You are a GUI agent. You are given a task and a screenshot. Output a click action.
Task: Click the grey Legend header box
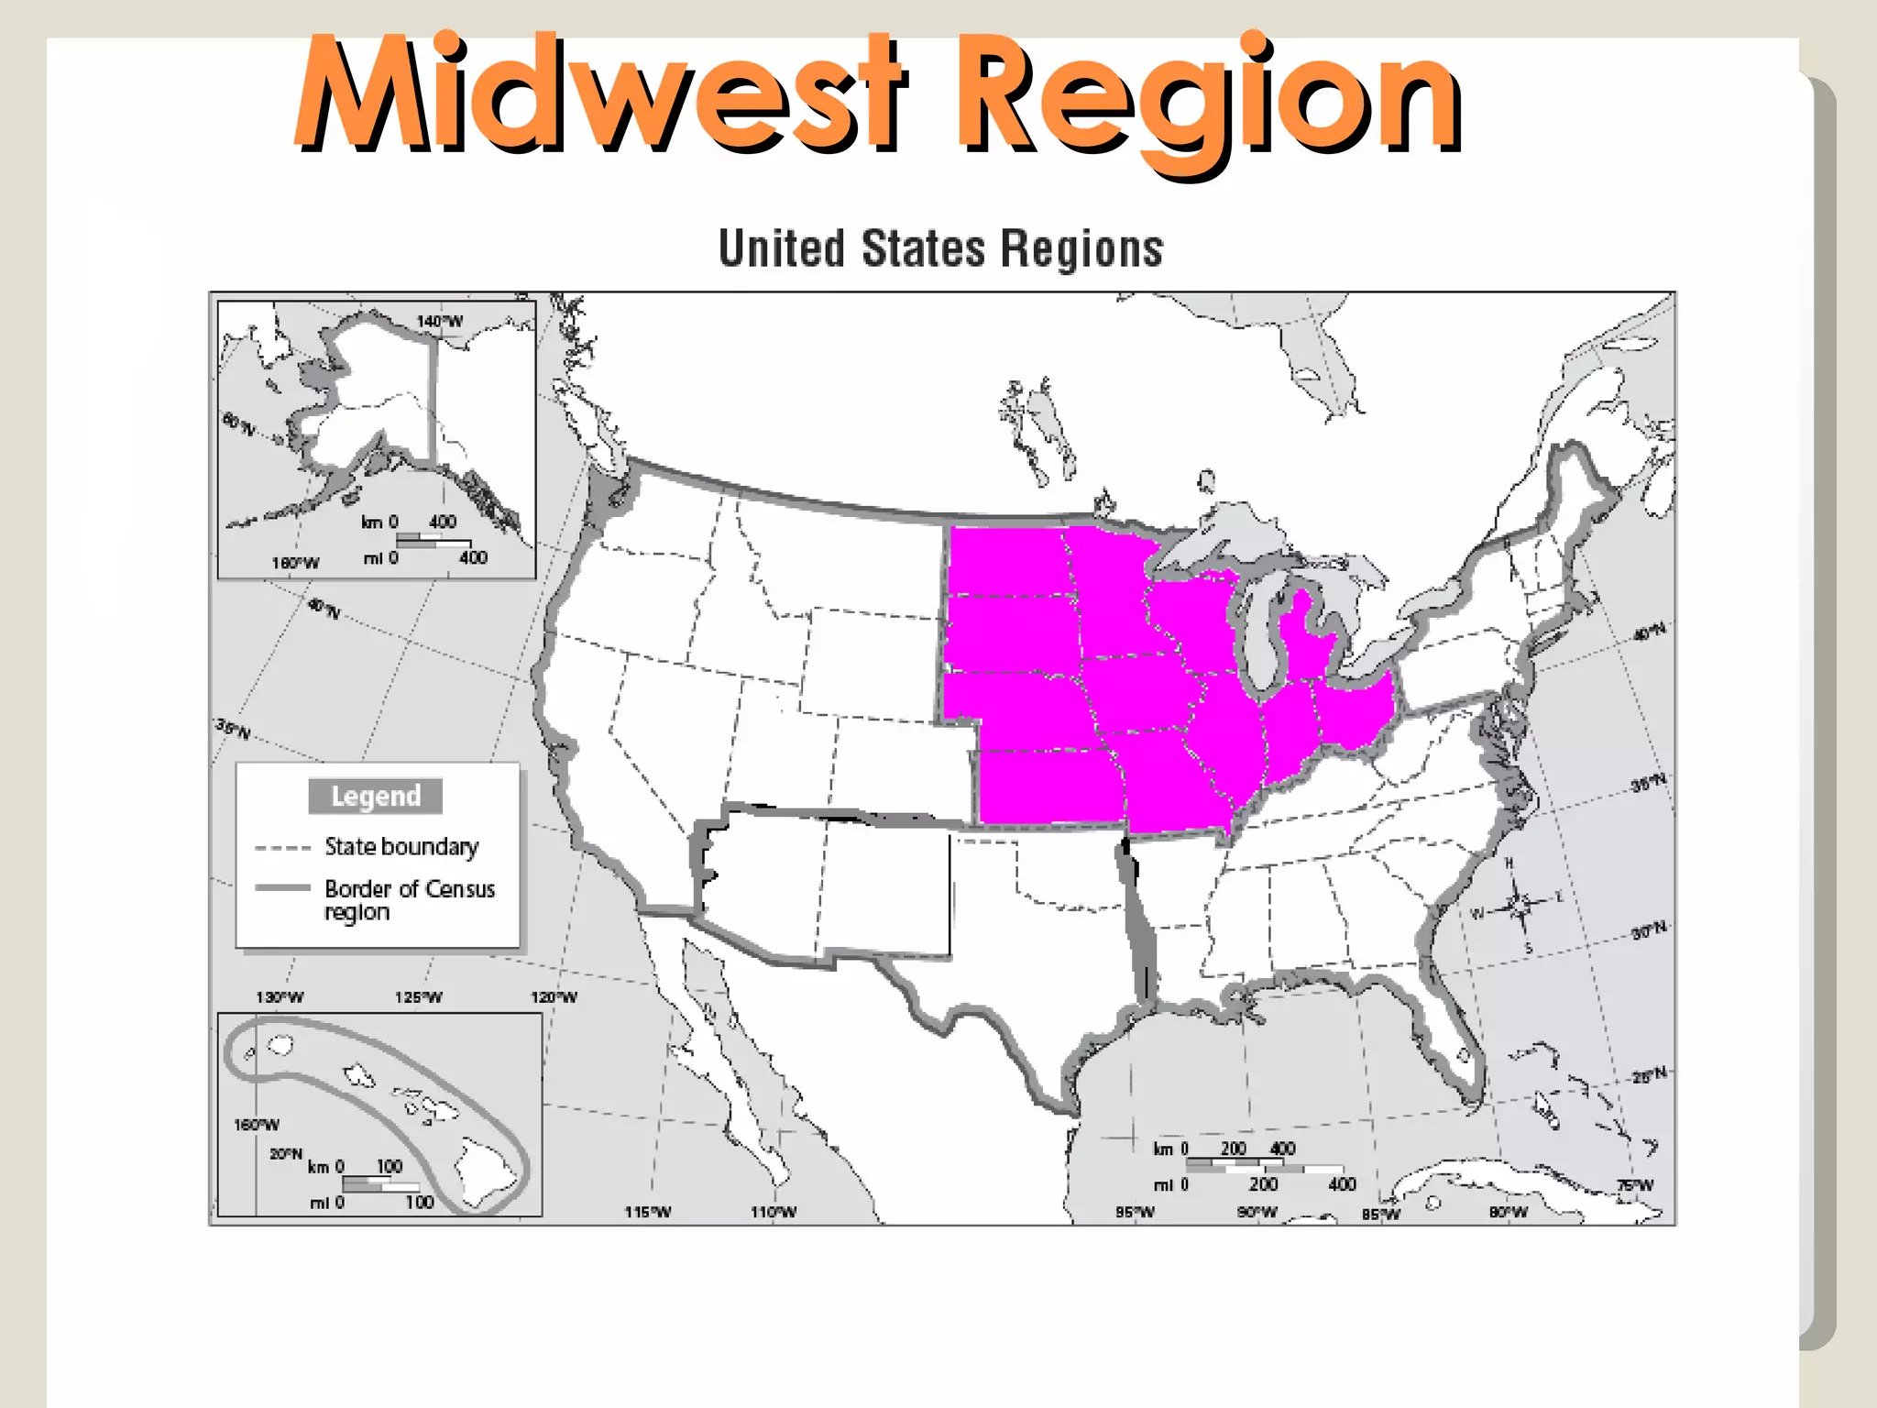[376, 796]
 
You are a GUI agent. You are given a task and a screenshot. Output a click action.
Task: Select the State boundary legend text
[401, 846]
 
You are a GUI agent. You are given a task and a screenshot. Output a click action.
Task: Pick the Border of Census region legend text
[409, 899]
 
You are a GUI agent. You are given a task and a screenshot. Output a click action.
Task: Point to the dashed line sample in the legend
[282, 848]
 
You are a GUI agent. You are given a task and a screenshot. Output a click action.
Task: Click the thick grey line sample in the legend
[282, 888]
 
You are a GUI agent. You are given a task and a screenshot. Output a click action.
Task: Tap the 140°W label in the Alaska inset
[440, 321]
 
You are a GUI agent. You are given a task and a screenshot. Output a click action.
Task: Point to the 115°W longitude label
[648, 1212]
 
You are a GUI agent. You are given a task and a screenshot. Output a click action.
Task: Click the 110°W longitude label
[774, 1212]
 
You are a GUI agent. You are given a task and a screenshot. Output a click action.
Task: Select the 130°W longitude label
[280, 997]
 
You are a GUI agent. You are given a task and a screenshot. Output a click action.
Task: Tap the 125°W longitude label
[418, 997]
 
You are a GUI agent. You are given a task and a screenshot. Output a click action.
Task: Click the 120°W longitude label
[554, 997]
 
